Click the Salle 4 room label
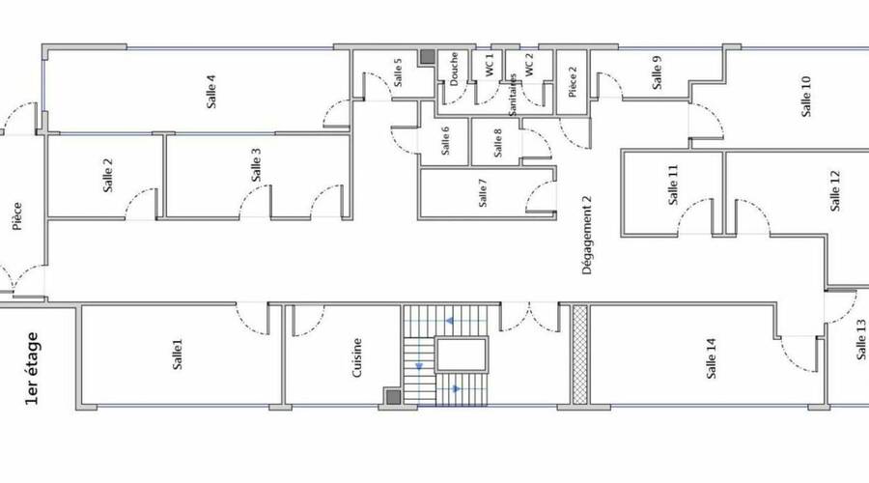click(x=211, y=92)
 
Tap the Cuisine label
click(x=357, y=357)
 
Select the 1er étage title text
click(x=32, y=368)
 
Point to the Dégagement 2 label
click(x=587, y=235)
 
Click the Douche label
click(x=454, y=69)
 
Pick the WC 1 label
click(x=490, y=65)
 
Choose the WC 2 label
click(x=529, y=65)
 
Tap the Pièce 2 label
click(x=573, y=81)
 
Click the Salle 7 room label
click(x=482, y=193)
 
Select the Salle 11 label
click(x=673, y=185)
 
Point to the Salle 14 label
click(x=712, y=358)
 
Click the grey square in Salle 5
click(x=427, y=57)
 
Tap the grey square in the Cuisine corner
click(x=393, y=396)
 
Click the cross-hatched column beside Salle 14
click(x=579, y=355)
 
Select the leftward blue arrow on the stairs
click(x=450, y=321)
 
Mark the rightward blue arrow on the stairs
click(x=456, y=389)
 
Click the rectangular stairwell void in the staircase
click(x=462, y=355)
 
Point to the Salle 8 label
click(x=497, y=143)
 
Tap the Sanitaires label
click(x=514, y=95)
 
